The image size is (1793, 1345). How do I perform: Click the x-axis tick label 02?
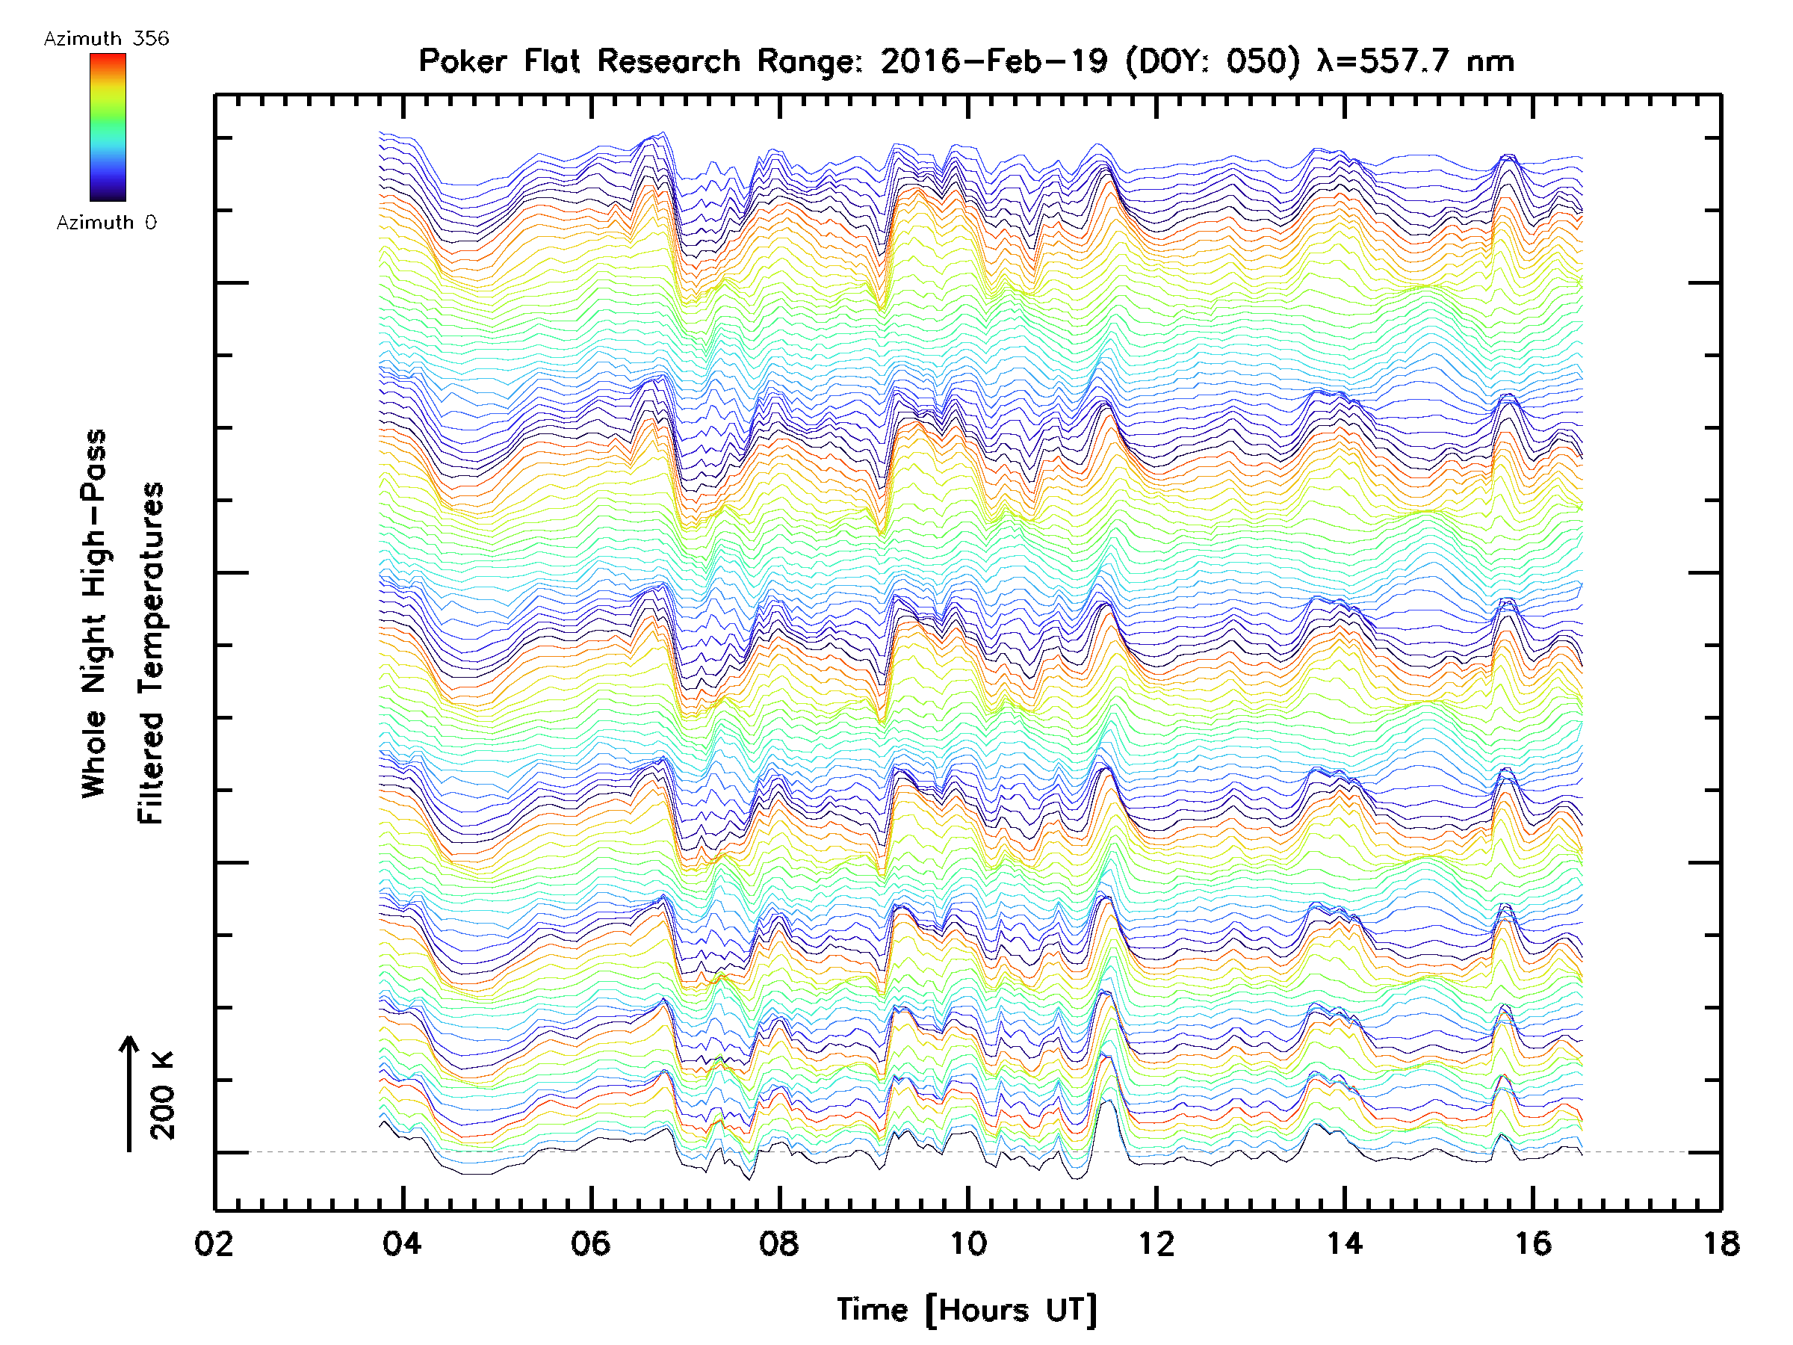[214, 1243]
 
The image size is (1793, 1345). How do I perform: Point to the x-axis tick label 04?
[402, 1243]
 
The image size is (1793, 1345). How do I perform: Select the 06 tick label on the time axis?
[591, 1243]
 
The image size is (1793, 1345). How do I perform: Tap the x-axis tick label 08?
[779, 1243]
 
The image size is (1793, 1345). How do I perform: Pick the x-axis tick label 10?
[967, 1243]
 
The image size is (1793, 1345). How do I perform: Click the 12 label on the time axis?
[1156, 1243]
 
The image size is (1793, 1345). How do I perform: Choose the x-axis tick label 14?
[1345, 1243]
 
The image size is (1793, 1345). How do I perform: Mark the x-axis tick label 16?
[1533, 1243]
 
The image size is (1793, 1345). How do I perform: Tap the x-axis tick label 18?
[1721, 1243]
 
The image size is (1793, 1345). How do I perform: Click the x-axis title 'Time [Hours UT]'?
[967, 1309]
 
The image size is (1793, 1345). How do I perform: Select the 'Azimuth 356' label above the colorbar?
[106, 39]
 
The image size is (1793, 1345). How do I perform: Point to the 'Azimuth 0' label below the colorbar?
[106, 222]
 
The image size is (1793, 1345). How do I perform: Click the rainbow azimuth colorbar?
[108, 127]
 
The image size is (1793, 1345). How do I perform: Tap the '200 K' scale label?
[163, 1095]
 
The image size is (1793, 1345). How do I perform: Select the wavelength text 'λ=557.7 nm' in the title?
[1415, 61]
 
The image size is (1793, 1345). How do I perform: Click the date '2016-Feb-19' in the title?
[994, 61]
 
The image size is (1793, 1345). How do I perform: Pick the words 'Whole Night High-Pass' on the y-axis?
[94, 613]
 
